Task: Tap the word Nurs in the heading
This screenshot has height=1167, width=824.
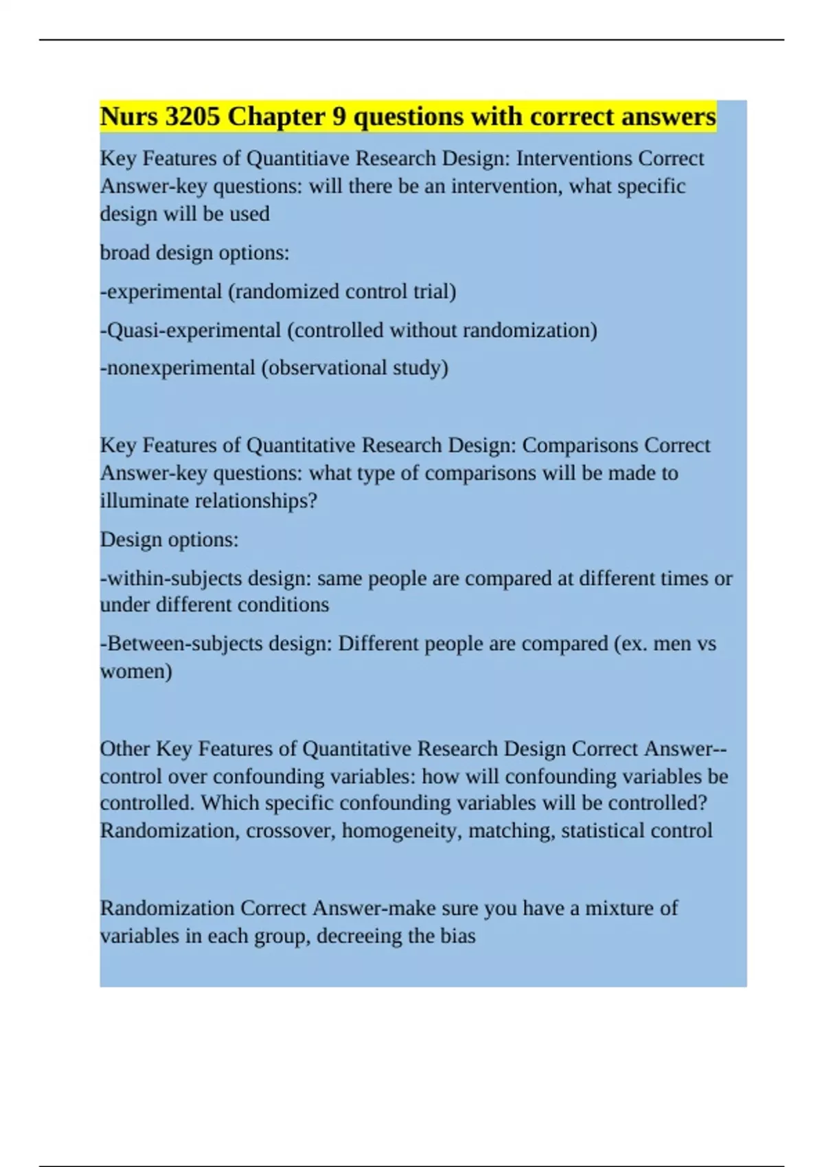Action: click(x=129, y=117)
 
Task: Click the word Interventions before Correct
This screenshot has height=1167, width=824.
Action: click(x=574, y=159)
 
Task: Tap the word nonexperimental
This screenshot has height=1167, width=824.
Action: click(x=181, y=368)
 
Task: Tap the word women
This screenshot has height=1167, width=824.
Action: click(x=136, y=671)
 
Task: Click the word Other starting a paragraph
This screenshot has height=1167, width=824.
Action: click(x=124, y=749)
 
